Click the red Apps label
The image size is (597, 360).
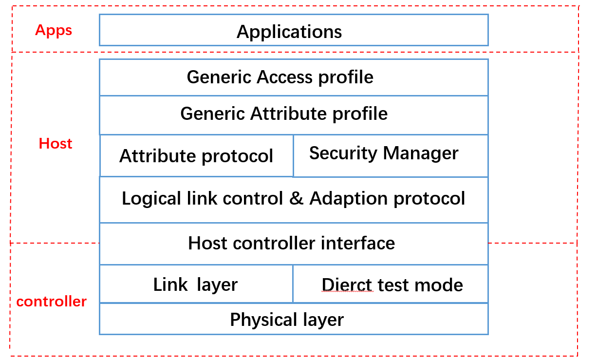coord(54,31)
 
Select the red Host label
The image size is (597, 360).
coord(56,144)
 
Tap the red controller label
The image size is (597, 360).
coord(51,302)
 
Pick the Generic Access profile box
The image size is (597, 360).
coord(293,77)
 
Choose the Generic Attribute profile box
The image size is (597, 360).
coord(293,114)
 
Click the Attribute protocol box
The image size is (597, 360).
coord(196,156)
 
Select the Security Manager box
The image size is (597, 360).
coord(390,155)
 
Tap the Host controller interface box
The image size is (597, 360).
coord(293,244)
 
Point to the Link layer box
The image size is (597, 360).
coord(196,284)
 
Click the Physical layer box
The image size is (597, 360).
coord(293,320)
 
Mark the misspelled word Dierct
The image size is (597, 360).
coord(347,285)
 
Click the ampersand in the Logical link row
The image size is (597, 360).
coord(296,199)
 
